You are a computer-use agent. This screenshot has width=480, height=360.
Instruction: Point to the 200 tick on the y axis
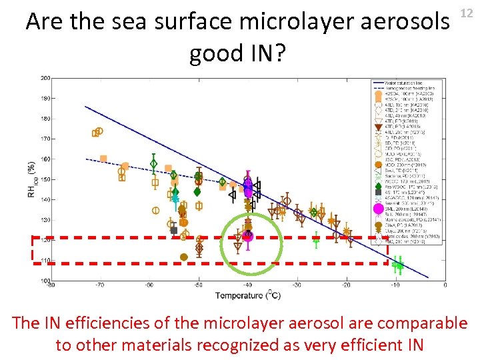[x=45, y=78]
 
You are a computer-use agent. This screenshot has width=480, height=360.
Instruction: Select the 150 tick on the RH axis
[x=45, y=179]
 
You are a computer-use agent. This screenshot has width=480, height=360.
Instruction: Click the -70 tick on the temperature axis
[x=99, y=285]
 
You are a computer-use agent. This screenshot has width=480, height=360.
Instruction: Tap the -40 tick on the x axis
[x=248, y=285]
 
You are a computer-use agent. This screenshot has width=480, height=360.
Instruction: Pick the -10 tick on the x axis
[x=395, y=285]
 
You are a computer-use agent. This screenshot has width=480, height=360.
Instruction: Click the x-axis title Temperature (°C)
[x=247, y=294]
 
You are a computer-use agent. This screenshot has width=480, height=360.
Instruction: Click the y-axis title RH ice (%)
[x=31, y=179]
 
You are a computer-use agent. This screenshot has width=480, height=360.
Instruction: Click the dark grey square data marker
[x=174, y=230]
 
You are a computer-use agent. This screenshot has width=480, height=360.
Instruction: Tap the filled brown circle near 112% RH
[x=184, y=257]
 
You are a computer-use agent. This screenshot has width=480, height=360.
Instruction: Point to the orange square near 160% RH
[x=103, y=159]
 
